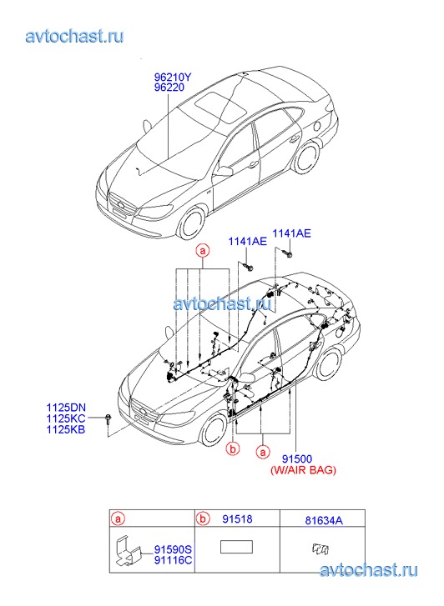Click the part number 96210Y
(172, 77)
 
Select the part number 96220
(169, 88)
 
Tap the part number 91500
(297, 458)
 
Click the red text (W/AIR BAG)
(303, 470)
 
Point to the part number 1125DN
(66, 408)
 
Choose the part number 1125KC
(66, 418)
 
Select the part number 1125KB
(66, 429)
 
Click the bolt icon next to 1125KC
(107, 419)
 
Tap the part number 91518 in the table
(237, 519)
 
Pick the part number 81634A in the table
(324, 520)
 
